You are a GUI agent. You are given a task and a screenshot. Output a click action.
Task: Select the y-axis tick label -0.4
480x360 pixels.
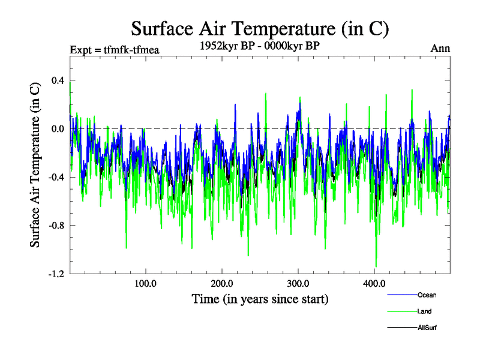(x=56, y=177)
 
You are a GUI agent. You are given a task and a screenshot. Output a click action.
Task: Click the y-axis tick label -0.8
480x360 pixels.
(x=56, y=226)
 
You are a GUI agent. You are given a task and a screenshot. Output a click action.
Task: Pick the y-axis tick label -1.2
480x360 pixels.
(x=56, y=274)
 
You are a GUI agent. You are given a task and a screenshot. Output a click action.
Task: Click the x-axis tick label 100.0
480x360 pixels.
(x=146, y=283)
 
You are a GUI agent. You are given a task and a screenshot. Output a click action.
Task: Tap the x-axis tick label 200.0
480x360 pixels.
(x=222, y=283)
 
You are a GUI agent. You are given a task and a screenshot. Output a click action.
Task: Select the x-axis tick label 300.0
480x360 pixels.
(x=298, y=283)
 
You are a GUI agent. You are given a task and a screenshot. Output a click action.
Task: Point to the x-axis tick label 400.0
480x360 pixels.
(x=374, y=283)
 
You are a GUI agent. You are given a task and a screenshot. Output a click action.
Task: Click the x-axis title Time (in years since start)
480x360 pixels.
(x=260, y=298)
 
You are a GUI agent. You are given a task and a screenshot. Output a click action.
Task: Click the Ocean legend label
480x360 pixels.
(x=427, y=295)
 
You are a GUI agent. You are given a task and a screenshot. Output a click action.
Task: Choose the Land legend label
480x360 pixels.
(x=424, y=311)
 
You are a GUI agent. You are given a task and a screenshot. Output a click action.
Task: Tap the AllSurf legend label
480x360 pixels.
(x=427, y=328)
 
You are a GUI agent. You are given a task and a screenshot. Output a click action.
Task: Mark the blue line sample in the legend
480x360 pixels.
(x=401, y=295)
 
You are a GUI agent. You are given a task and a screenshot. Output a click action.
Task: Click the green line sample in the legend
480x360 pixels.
(x=401, y=311)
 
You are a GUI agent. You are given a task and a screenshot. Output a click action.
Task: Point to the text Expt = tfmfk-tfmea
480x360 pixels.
(x=114, y=49)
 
